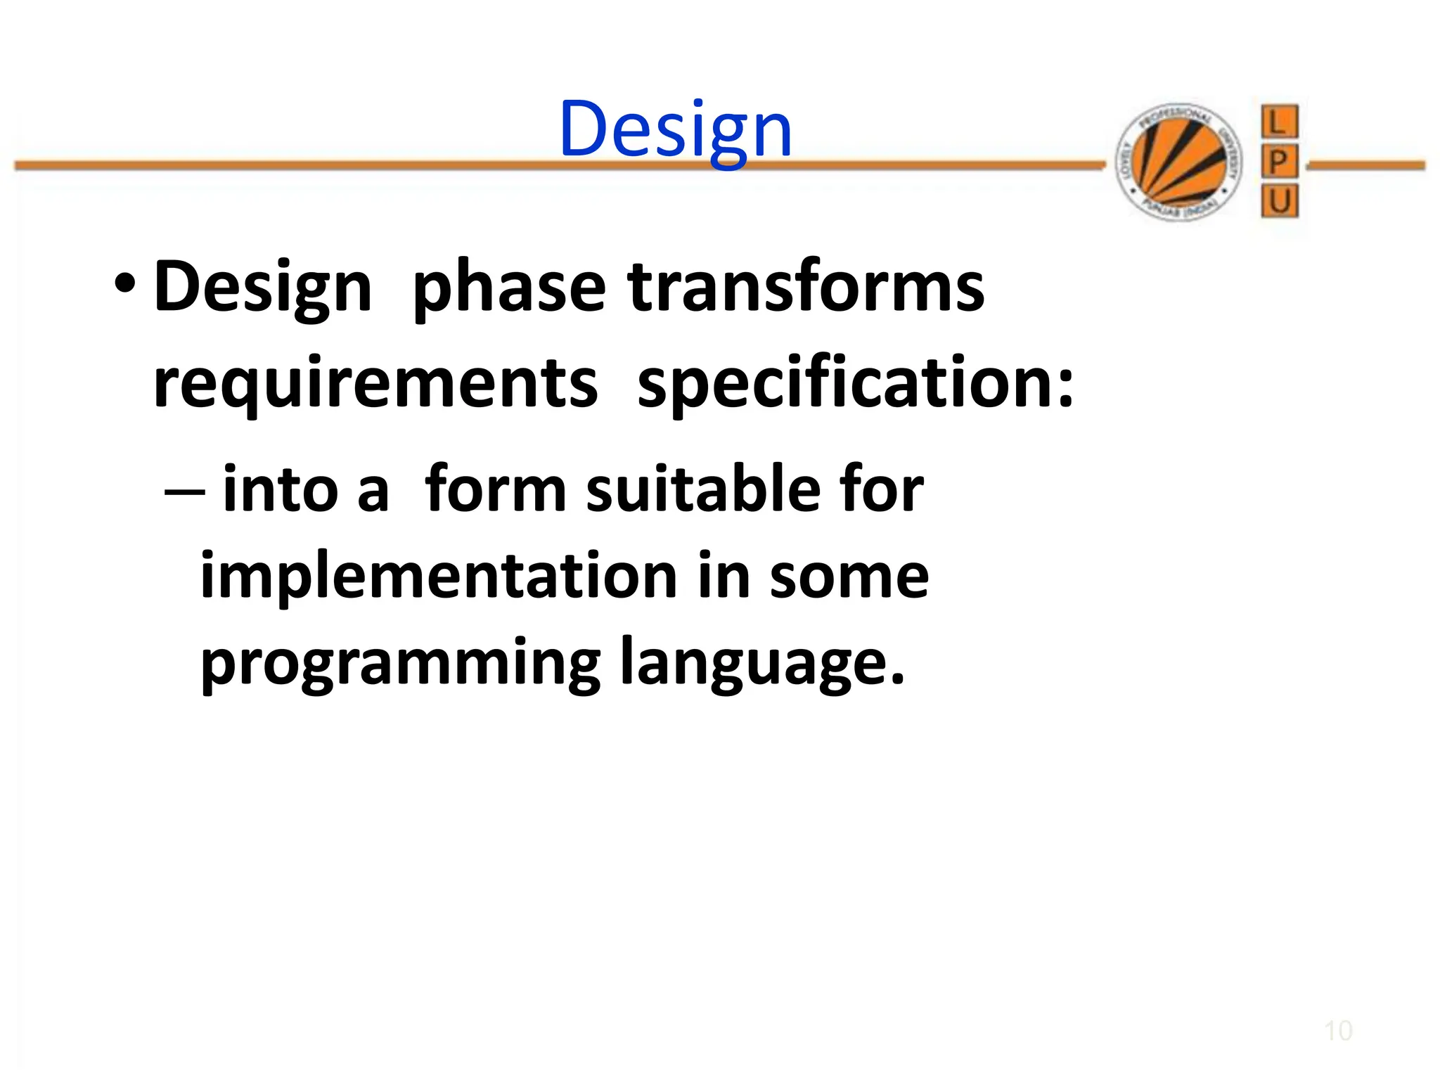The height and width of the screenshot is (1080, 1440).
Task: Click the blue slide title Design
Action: click(x=676, y=131)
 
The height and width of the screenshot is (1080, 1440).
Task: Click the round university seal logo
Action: click(x=1179, y=162)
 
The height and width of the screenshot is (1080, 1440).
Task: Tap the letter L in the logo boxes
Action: click(x=1279, y=123)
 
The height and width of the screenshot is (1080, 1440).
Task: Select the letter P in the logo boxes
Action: click(x=1279, y=162)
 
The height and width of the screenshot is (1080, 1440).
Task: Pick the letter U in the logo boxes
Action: click(x=1279, y=202)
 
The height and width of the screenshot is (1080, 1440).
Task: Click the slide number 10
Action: click(x=1338, y=1031)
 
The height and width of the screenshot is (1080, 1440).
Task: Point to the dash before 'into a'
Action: click(x=184, y=491)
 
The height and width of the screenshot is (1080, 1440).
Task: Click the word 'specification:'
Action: click(x=855, y=383)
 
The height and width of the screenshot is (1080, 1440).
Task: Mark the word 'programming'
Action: click(x=400, y=665)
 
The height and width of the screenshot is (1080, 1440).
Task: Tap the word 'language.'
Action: click(x=761, y=665)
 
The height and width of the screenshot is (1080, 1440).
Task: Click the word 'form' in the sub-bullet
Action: click(x=495, y=489)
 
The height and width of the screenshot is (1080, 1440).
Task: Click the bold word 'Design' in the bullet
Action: click(x=262, y=288)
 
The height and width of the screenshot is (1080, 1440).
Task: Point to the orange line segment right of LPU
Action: click(x=1366, y=166)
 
